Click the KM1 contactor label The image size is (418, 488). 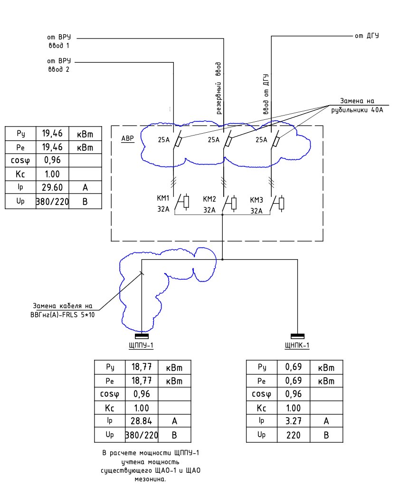point(163,198)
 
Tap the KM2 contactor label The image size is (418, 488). point(209,199)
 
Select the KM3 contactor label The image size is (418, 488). point(256,200)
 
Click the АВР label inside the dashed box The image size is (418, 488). point(127,138)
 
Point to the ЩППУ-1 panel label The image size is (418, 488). point(141,345)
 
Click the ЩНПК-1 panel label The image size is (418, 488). point(297,345)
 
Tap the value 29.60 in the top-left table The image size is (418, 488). point(52,187)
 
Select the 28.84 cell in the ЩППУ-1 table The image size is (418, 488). point(142,421)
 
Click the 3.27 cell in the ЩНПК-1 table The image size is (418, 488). point(294,421)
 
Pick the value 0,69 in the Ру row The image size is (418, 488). point(294,367)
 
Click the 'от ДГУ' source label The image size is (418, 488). point(367,36)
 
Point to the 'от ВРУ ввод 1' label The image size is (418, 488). point(59,41)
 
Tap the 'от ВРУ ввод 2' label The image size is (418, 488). point(59,65)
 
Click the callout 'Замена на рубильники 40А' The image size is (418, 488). point(357,105)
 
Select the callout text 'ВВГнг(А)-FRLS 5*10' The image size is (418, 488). point(63,315)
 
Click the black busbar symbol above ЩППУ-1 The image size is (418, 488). point(142,336)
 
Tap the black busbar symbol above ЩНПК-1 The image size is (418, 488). point(297,336)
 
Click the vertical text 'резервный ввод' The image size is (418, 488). point(218,88)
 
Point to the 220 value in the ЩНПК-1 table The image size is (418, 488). point(294,435)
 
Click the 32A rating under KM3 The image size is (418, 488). point(256,211)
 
